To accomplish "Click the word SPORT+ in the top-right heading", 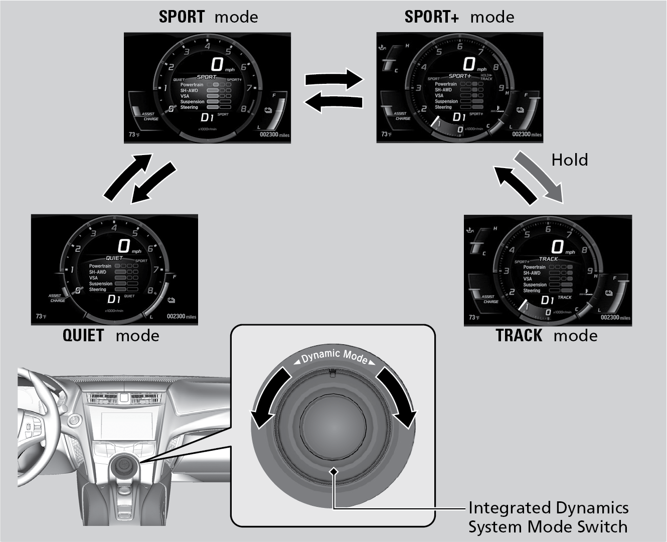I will coord(431,17).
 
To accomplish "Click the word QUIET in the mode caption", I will coord(83,335).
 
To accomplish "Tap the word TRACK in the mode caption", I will coord(519,335).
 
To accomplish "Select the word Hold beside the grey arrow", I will coord(569,160).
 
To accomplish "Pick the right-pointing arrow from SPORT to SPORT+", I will coord(333,79).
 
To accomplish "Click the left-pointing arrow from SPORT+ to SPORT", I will coord(333,102).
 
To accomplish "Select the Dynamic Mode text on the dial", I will coord(334,356).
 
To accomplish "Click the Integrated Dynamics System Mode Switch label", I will coord(548,517).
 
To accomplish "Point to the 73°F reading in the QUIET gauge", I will coord(41,317).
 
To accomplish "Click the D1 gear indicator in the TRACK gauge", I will coord(547,300).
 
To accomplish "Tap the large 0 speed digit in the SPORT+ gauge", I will coord(469,64).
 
